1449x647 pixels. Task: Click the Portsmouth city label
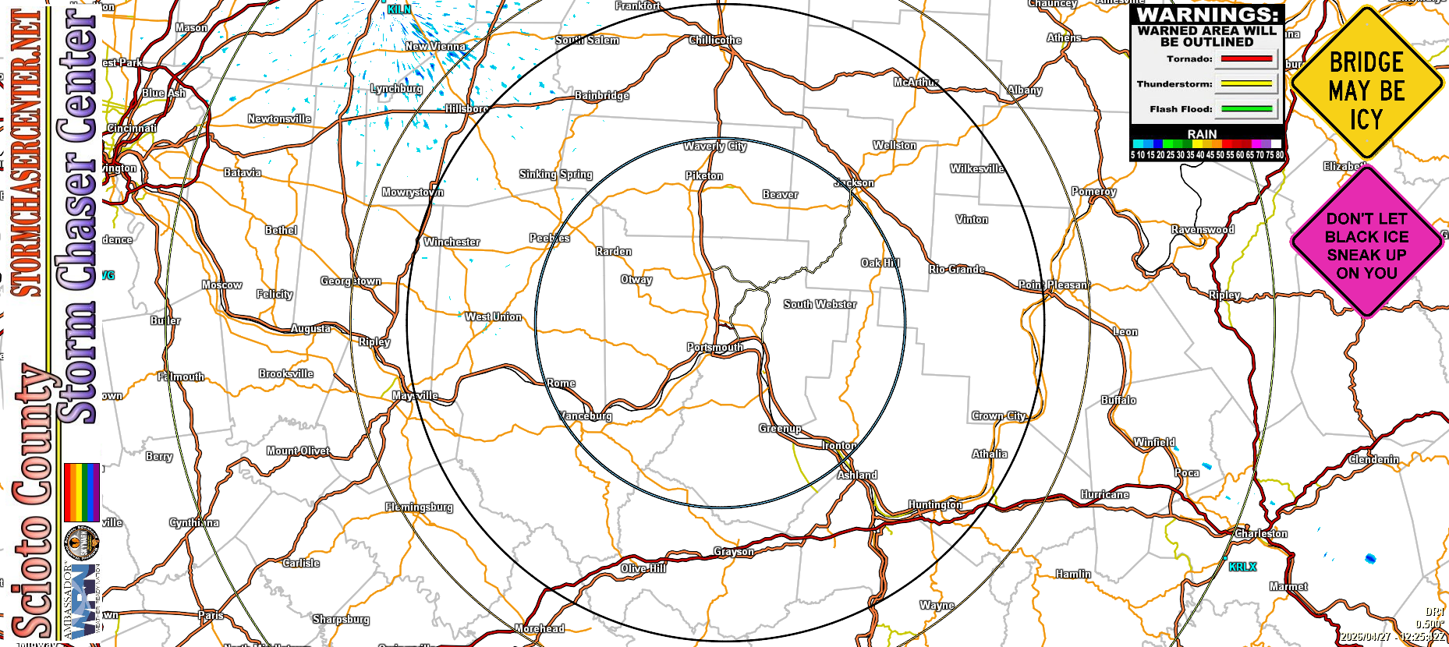point(715,347)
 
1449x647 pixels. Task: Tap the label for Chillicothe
point(715,40)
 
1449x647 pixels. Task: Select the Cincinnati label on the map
point(132,128)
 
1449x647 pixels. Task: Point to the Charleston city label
point(1261,533)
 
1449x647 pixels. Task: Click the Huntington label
point(935,504)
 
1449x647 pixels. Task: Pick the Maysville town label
point(415,395)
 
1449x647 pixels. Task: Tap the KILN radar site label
point(399,9)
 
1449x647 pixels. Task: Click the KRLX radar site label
point(1242,567)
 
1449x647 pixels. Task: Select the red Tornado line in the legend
point(1246,58)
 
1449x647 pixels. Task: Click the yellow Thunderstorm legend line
point(1246,83)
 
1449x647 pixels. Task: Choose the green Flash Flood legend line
point(1246,109)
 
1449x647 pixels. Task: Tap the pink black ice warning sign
point(1366,245)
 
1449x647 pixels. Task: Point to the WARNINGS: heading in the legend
point(1207,15)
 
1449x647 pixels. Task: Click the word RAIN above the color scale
point(1202,134)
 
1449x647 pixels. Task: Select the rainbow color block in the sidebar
point(81,492)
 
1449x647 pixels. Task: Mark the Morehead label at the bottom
point(540,628)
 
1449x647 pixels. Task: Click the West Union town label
point(493,316)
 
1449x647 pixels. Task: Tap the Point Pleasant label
point(1054,285)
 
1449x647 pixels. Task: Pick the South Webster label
point(820,304)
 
